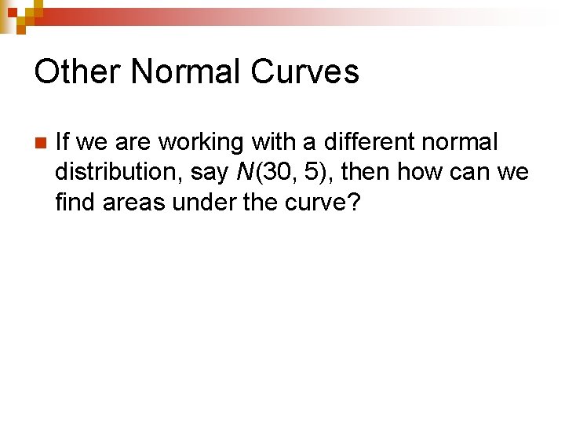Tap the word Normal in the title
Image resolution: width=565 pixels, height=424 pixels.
tap(187, 71)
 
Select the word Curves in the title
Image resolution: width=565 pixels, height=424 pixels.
tap(305, 71)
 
